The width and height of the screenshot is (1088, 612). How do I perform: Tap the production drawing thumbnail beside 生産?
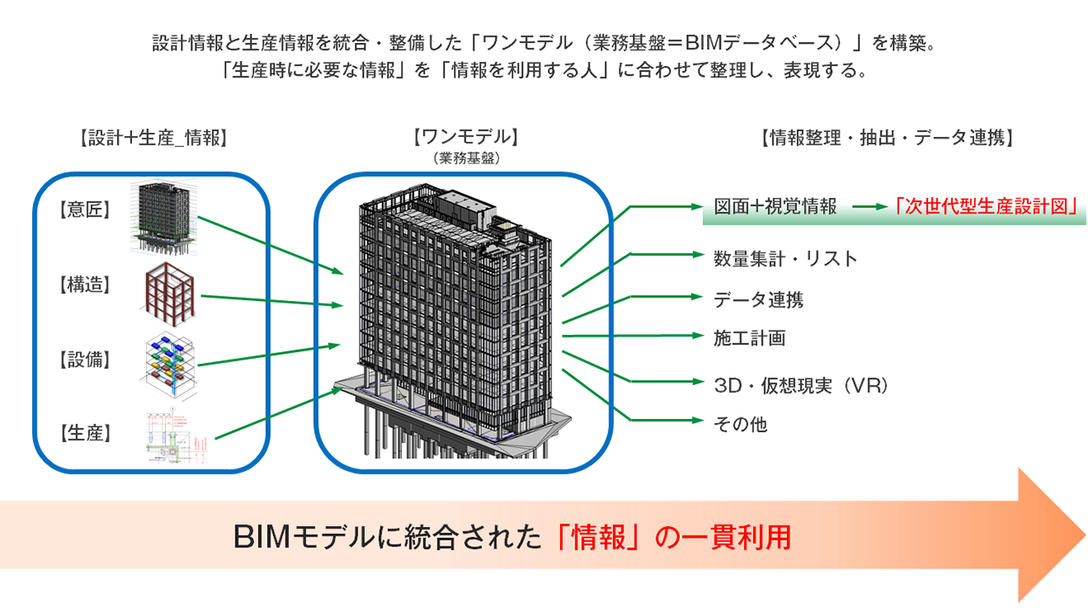[x=176, y=438]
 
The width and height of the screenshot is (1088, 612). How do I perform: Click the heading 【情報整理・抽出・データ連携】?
[x=884, y=139]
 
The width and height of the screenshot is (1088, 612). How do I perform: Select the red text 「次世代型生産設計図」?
[x=988, y=207]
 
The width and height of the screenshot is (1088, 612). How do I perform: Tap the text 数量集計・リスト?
[x=785, y=258]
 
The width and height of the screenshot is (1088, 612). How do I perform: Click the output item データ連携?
[x=758, y=299]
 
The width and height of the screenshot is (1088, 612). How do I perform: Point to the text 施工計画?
[x=749, y=338]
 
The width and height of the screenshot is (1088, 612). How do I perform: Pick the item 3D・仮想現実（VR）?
[x=801, y=385]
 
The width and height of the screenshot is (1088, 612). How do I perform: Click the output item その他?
[x=740, y=423]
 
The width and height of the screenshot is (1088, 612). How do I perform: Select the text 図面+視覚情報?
[x=775, y=207]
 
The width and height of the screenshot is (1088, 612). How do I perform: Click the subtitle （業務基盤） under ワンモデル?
[x=464, y=158]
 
